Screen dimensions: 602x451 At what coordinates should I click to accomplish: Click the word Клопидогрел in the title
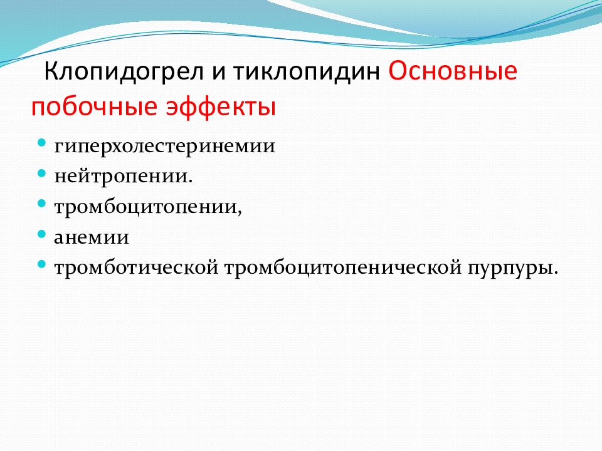pos(124,72)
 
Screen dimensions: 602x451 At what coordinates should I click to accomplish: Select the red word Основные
pos(453,71)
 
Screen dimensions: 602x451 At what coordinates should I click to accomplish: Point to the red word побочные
pos(94,106)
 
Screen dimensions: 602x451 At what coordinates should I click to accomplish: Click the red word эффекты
pos(221,106)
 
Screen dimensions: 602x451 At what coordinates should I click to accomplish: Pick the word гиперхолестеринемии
pos(165,147)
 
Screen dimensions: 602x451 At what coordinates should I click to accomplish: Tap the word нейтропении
pos(124,176)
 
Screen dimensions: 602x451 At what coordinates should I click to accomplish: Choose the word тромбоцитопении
pos(148,207)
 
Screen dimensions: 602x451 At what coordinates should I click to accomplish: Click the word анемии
pos(92,237)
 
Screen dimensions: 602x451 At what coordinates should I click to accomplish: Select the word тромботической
pos(136,267)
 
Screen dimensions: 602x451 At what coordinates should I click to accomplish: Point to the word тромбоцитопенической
pos(343,267)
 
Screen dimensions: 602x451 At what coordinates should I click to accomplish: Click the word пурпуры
pos(512,268)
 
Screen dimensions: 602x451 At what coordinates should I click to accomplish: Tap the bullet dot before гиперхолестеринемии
pos(42,143)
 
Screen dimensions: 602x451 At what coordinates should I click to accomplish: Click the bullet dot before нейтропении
pos(42,173)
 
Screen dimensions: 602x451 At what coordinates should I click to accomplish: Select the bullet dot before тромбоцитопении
pos(42,204)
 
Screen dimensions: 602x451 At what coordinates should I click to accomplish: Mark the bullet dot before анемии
pos(42,234)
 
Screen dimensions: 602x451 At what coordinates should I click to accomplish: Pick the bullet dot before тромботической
pos(42,264)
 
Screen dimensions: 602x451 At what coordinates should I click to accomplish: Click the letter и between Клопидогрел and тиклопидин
pos(218,72)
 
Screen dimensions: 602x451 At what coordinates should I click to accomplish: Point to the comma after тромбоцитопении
pos(240,213)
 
